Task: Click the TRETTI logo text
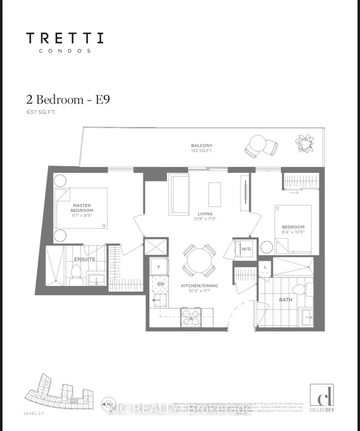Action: click(x=65, y=39)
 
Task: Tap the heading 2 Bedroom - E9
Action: click(x=67, y=99)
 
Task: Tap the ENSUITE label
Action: click(x=84, y=259)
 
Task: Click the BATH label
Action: click(x=286, y=300)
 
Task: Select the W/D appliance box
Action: click(x=246, y=249)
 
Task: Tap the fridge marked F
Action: click(x=159, y=267)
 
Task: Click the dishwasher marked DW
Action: click(x=160, y=284)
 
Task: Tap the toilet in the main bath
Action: click(x=301, y=289)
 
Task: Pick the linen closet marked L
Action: click(x=265, y=266)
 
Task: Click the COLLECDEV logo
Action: click(x=321, y=397)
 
